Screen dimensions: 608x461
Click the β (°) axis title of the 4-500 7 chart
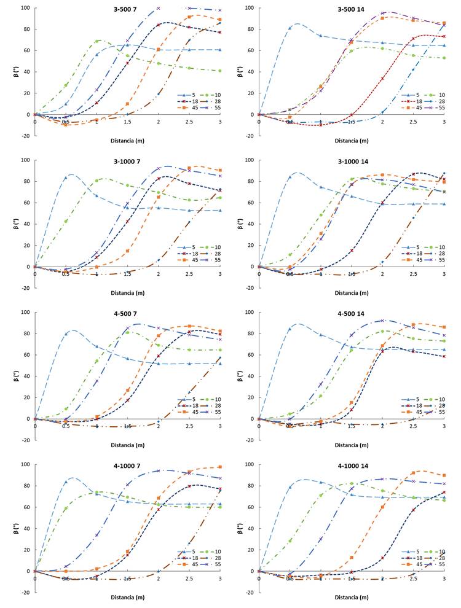16,366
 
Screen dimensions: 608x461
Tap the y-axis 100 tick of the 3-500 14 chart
250,8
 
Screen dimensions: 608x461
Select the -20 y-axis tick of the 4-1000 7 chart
25,593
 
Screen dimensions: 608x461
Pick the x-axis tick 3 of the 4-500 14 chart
444,426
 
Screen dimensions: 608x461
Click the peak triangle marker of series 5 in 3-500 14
290,28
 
